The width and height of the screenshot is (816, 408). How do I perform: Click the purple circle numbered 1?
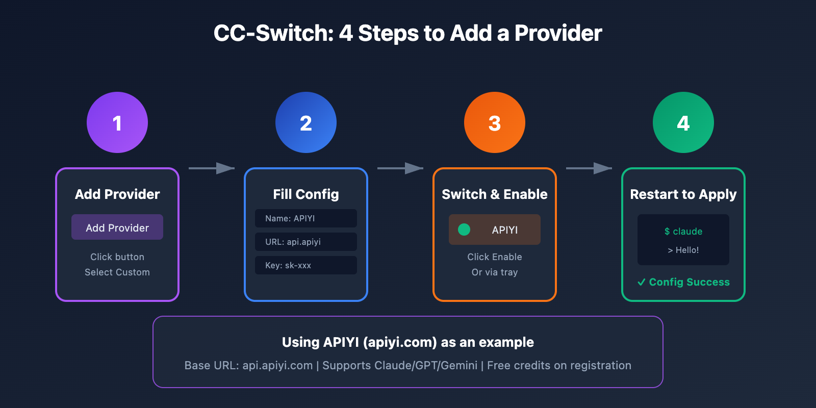(117, 122)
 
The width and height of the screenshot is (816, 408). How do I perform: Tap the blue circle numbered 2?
(306, 122)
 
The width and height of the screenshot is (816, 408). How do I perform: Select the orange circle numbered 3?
(495, 122)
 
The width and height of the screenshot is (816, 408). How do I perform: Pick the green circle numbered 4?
(683, 122)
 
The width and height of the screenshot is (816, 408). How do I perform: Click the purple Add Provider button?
(117, 227)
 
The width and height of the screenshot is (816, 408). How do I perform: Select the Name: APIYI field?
(306, 218)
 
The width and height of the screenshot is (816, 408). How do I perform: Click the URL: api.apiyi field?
(306, 242)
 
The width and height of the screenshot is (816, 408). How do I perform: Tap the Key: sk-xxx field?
(306, 265)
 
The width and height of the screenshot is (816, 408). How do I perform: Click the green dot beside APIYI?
(464, 229)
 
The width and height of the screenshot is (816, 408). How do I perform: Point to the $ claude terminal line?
(683, 232)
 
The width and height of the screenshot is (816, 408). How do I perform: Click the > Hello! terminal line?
(683, 250)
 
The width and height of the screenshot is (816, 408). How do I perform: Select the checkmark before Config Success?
(642, 282)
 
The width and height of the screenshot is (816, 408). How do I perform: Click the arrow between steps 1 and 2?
(212, 168)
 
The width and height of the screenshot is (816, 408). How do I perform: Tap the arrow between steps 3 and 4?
(589, 168)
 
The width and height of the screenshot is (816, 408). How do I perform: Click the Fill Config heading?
(306, 194)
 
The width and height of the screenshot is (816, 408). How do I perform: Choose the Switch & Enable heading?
(495, 194)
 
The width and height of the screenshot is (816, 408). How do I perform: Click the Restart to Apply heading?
(683, 194)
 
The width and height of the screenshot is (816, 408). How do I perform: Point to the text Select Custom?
(117, 272)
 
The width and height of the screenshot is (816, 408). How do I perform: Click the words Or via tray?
(495, 272)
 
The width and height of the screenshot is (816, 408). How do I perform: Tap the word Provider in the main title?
(558, 34)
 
